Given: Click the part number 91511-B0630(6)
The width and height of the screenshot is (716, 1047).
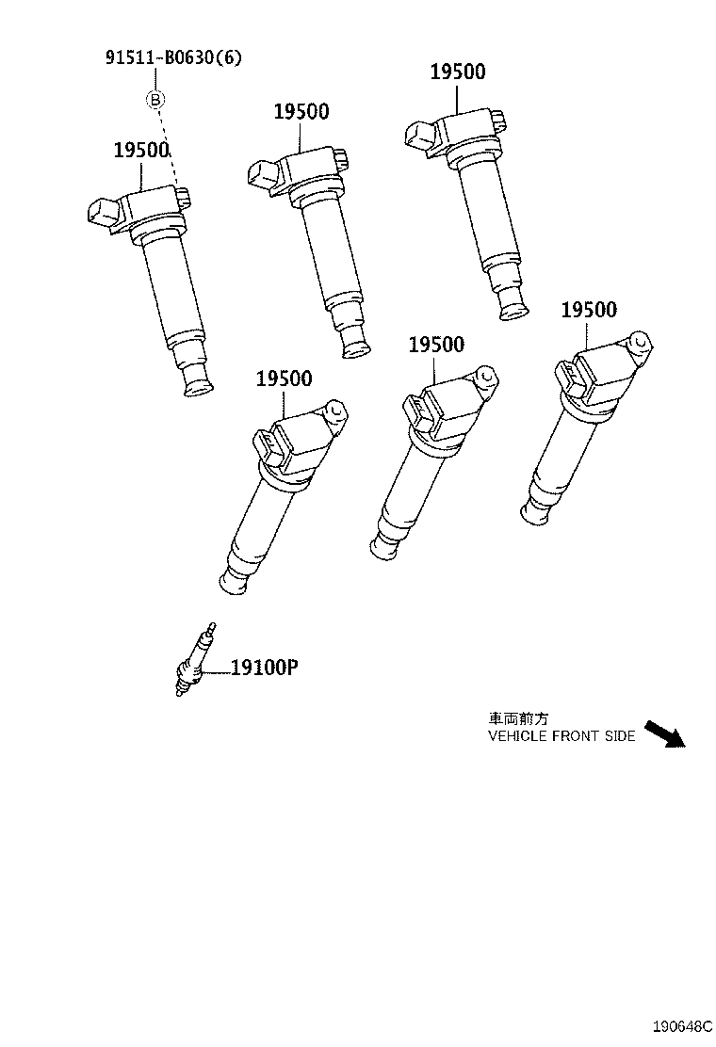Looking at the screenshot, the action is pyautogui.click(x=173, y=57).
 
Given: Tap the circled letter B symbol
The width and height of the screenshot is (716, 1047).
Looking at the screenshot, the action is pyautogui.click(x=155, y=100).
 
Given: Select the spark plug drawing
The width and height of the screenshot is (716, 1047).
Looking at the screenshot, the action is pyautogui.click(x=195, y=659).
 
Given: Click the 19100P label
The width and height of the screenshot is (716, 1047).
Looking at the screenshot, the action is pyautogui.click(x=265, y=667).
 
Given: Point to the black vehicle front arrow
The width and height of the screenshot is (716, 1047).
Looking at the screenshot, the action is pyautogui.click(x=665, y=733).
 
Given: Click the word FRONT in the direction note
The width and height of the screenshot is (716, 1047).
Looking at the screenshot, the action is pyautogui.click(x=576, y=736).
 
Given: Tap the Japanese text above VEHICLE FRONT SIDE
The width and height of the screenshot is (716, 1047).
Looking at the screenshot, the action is pyautogui.click(x=518, y=718).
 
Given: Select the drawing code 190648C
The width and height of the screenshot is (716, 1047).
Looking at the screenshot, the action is pyautogui.click(x=682, y=1025).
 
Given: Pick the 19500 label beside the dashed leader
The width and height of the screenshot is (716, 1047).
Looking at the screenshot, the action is pyautogui.click(x=141, y=151).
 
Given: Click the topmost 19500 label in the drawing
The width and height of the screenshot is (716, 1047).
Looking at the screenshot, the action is pyautogui.click(x=458, y=72).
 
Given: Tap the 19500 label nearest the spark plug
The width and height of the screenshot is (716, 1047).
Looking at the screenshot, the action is pyautogui.click(x=284, y=379).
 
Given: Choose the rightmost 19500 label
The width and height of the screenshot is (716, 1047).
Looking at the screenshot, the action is pyautogui.click(x=589, y=310).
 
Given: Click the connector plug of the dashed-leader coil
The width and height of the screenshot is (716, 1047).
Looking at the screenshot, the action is pyautogui.click(x=105, y=213).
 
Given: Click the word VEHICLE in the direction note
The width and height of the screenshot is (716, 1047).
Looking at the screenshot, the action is pyautogui.click(x=517, y=736).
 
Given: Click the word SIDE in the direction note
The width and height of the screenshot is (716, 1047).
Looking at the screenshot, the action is pyautogui.click(x=620, y=736).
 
